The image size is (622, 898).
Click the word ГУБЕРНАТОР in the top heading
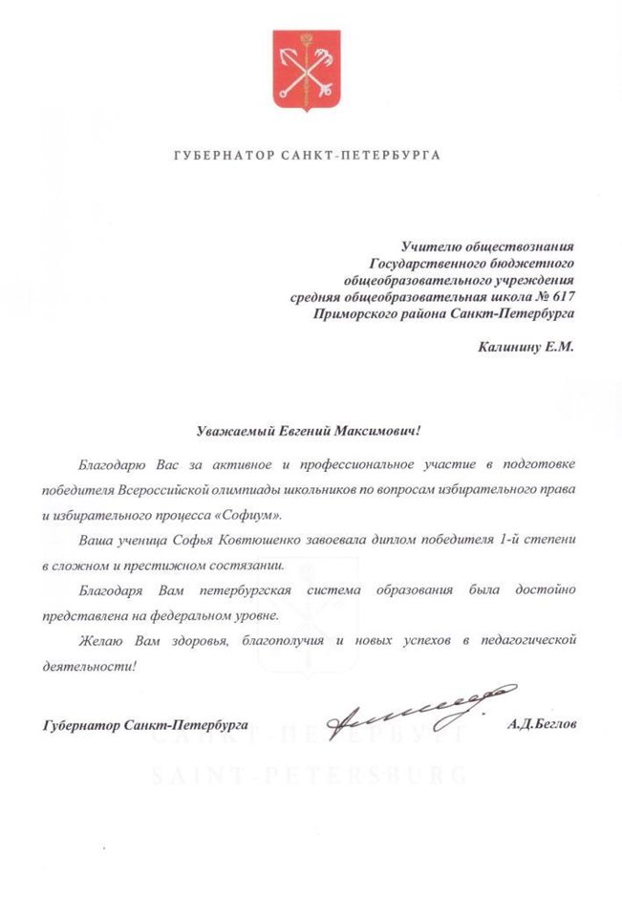[217, 155]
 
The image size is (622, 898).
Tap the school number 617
[563, 296]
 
